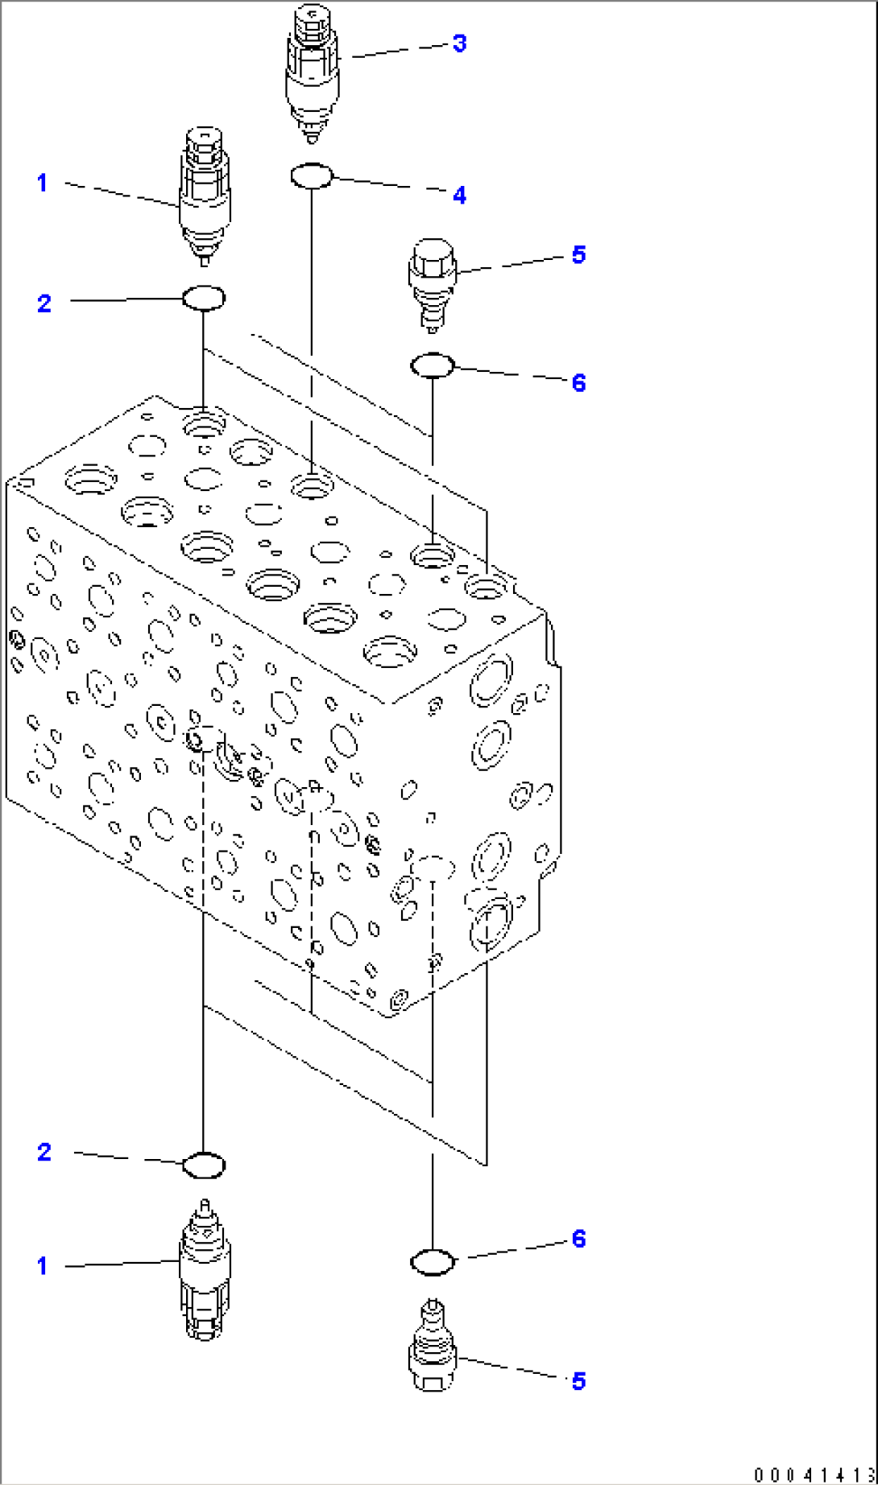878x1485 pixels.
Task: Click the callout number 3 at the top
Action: pyautogui.click(x=459, y=43)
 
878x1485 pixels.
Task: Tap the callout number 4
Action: pyautogui.click(x=459, y=195)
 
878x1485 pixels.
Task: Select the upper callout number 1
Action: pyautogui.click(x=43, y=184)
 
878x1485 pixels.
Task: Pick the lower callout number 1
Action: pyautogui.click(x=43, y=1266)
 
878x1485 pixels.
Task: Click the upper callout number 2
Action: pyautogui.click(x=44, y=303)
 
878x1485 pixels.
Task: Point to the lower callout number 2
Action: pyautogui.click(x=44, y=1152)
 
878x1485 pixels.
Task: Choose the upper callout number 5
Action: pyautogui.click(x=578, y=255)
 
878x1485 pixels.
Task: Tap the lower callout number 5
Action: pyautogui.click(x=578, y=1382)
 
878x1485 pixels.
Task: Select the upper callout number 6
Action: pyautogui.click(x=578, y=382)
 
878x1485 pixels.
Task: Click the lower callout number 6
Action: pyautogui.click(x=578, y=1239)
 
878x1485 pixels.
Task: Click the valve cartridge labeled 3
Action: pyautogui.click(x=313, y=72)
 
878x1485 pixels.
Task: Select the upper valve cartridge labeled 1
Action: pyautogui.click(x=204, y=197)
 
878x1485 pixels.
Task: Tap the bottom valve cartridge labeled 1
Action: pyautogui.click(x=204, y=1272)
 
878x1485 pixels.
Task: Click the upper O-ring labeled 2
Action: pyautogui.click(x=204, y=298)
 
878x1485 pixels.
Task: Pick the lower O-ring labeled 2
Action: pyautogui.click(x=204, y=1165)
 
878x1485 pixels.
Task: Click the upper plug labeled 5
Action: pyautogui.click(x=433, y=282)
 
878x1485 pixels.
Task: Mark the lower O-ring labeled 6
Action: pyautogui.click(x=433, y=1262)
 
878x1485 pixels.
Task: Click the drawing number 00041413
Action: pyautogui.click(x=814, y=1475)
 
